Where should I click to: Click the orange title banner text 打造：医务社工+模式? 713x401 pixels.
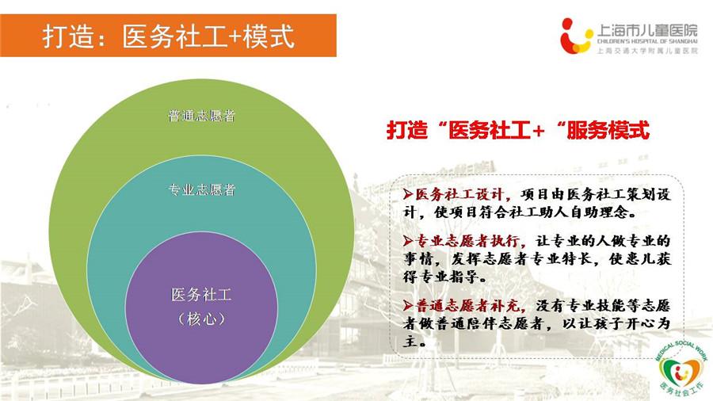(x=169, y=36)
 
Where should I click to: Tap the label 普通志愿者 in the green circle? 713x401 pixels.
(x=201, y=116)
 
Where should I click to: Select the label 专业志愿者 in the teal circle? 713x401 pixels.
(x=201, y=189)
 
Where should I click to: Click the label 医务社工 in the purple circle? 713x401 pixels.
(x=201, y=295)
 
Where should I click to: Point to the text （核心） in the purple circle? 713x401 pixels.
(x=201, y=319)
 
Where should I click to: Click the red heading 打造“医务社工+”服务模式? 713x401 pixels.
(x=518, y=131)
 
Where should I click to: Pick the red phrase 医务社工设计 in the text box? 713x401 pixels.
(x=459, y=195)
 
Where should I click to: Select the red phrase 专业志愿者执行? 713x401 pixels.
(x=467, y=240)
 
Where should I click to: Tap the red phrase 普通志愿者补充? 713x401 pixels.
(x=467, y=306)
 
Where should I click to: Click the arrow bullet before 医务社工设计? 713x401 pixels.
(x=408, y=195)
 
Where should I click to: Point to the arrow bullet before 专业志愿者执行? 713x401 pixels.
(x=408, y=241)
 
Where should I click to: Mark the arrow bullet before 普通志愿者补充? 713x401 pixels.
(x=408, y=306)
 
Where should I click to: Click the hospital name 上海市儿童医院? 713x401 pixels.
(x=646, y=30)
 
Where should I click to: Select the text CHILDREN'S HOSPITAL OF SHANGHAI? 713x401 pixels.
(x=647, y=42)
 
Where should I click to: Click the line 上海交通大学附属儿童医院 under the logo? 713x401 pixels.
(x=647, y=51)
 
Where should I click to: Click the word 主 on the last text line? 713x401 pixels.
(x=410, y=341)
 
